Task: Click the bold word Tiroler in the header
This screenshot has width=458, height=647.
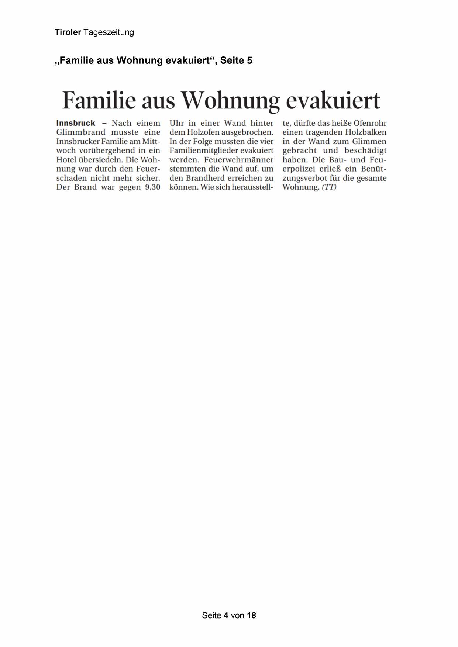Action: point(68,32)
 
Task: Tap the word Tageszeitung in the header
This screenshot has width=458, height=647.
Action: point(109,32)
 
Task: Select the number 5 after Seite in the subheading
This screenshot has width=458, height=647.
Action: point(250,60)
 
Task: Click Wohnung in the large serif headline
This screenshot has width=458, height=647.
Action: point(230,100)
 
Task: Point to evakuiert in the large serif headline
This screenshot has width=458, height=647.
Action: point(333,100)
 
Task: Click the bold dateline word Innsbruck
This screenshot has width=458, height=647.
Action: point(76,123)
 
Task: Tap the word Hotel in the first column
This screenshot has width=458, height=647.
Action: point(66,160)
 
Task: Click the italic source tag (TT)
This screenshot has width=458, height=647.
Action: point(329,187)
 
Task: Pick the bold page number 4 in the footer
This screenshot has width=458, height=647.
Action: point(226,615)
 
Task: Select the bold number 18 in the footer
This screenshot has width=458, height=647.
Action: point(251,615)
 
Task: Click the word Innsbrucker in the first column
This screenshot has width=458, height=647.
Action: point(78,142)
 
